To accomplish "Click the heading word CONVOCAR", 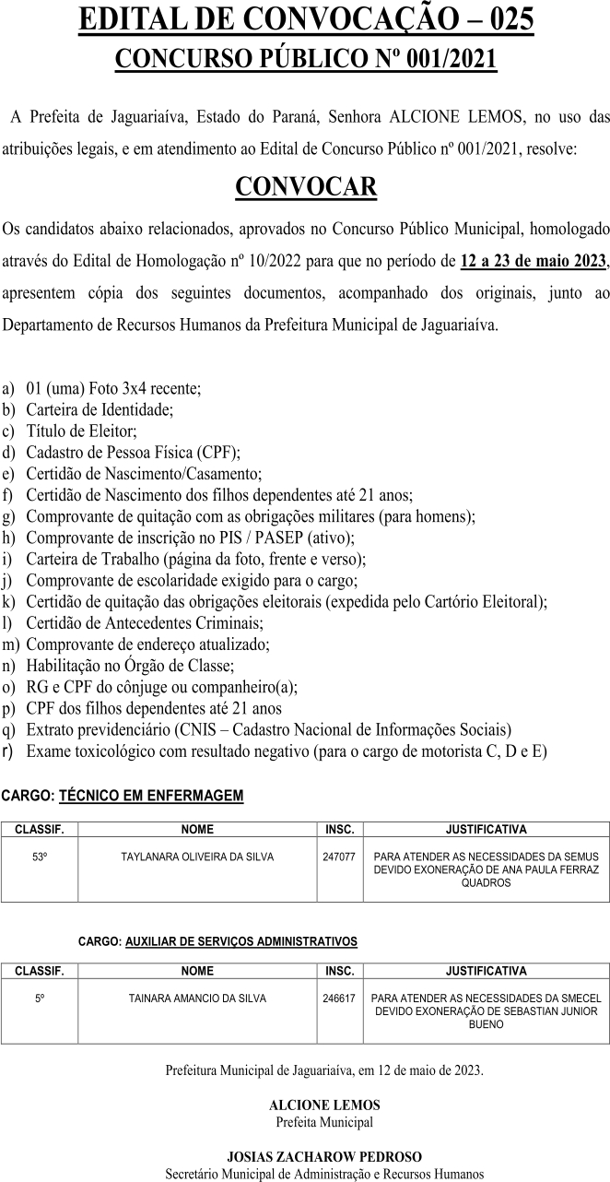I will tap(305, 187).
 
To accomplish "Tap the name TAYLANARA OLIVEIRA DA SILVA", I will tap(197, 857).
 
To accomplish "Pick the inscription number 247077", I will tap(339, 857).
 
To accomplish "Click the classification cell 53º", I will tap(39, 857).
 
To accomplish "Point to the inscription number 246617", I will tap(339, 998).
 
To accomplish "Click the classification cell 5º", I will tap(39, 998).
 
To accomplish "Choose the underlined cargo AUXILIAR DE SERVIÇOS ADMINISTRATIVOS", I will tap(240, 941).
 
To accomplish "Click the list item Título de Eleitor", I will tap(81, 431).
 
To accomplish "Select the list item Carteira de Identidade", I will tap(100, 409).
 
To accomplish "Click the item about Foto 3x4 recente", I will tap(113, 388).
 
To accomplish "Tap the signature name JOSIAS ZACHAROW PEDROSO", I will tap(324, 1156).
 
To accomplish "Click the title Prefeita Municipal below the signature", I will tap(324, 1122).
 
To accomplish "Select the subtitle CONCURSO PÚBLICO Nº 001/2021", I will tap(305, 60).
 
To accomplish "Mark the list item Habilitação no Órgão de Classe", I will tap(130, 665).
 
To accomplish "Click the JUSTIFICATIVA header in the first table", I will tap(486, 829).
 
